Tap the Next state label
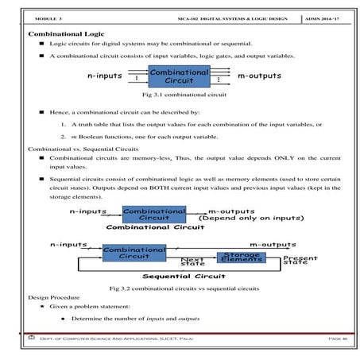pyautogui.click(x=193, y=261)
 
